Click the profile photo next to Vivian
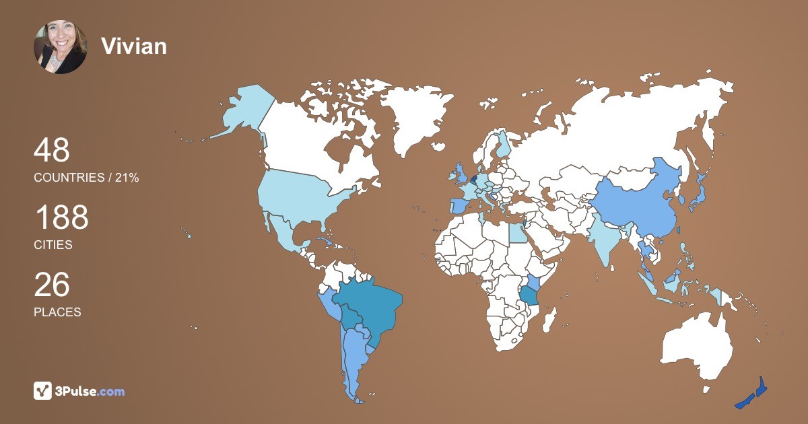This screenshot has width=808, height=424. pos(60,46)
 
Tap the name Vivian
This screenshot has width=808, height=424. pos(133,46)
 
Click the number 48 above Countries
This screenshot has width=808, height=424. pos(52,150)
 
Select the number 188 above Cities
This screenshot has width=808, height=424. pos(61,218)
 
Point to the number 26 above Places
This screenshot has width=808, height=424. pos(52,285)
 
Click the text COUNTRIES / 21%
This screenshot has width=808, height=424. pos(86,178)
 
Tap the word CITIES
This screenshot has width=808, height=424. pos(53,245)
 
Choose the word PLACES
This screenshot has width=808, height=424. pos(57,312)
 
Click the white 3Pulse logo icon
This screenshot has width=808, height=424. pos(42,390)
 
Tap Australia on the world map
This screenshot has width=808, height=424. pos(697,347)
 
